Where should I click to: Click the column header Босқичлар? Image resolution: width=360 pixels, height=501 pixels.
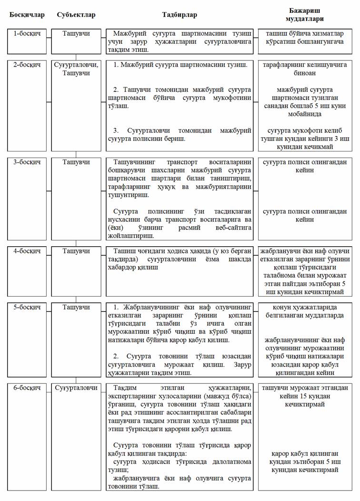[27, 15]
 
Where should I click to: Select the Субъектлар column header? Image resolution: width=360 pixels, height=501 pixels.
[76, 15]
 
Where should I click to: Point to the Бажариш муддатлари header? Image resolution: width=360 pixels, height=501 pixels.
[305, 15]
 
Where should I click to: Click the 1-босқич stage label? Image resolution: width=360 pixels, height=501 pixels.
[27, 34]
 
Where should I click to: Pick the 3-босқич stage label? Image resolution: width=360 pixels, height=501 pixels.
[27, 162]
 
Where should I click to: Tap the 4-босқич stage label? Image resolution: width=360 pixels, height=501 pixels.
[27, 250]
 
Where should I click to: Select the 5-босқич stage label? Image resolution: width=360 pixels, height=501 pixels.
[27, 307]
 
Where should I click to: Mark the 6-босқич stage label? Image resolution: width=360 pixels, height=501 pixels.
[27, 388]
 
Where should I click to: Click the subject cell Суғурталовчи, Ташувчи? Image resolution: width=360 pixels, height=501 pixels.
[76, 69]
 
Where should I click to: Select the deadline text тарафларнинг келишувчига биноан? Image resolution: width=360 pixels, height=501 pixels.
[305, 69]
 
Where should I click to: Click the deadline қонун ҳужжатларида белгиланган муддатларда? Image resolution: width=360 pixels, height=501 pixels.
[305, 311]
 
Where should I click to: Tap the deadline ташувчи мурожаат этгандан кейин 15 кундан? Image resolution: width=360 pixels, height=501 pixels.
[305, 396]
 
